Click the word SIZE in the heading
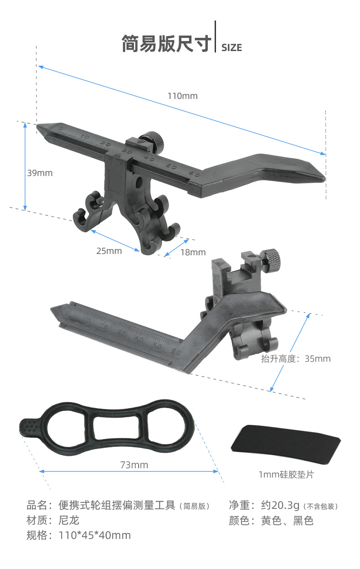click(231, 48)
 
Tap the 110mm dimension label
click(182, 96)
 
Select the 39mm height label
click(40, 173)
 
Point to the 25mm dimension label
click(109, 251)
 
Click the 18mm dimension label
click(193, 252)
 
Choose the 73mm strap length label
click(134, 465)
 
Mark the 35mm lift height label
click(318, 359)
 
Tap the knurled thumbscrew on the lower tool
click(272, 261)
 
